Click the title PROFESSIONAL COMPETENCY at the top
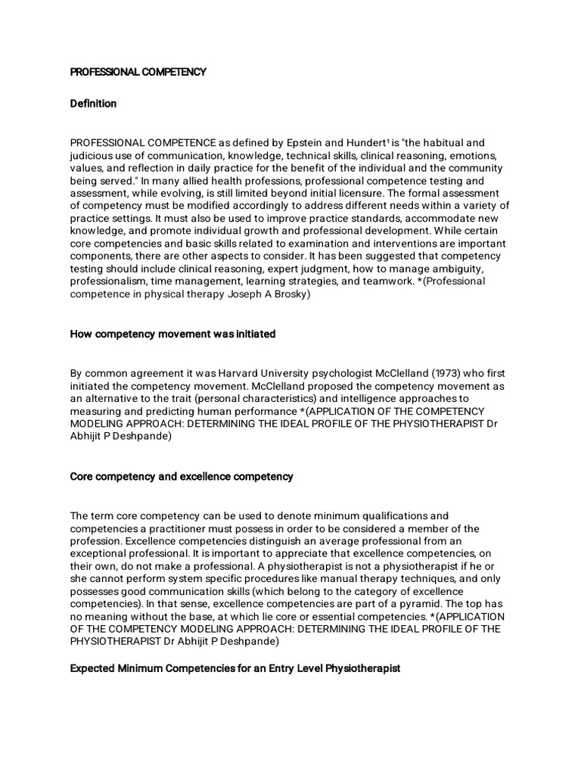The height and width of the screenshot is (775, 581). pos(138,72)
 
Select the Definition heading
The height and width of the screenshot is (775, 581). pos(93,104)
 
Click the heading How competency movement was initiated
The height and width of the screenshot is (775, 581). pos(172,334)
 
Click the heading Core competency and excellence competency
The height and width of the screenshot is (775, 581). pos(182,477)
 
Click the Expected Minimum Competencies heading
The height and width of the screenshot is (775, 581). pos(235,669)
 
